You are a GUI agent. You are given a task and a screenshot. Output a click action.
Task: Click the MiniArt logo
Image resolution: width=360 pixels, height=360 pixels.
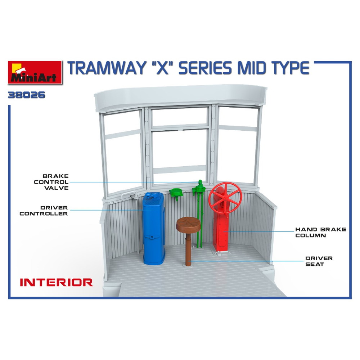pos(35,72)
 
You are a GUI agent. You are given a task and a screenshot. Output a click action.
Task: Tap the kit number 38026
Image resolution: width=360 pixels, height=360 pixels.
pos(27,95)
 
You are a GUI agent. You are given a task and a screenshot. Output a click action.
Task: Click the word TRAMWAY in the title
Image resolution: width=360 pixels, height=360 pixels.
pos(107,68)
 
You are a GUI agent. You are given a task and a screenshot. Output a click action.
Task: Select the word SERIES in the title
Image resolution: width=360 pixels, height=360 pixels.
pos(205,68)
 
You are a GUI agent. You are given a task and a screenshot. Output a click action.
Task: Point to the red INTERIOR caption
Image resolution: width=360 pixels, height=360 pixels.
pos(57,282)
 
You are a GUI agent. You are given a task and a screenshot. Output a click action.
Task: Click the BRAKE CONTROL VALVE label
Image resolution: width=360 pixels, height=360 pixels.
pos(51,182)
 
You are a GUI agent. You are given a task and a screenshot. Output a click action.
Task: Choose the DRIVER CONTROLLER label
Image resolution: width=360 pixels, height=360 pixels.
pos(44,211)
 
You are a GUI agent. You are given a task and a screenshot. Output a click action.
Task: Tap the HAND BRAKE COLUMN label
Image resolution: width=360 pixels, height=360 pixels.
pos(320,232)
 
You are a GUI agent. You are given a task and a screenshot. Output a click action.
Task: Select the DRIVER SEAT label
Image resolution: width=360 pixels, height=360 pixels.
pos(319,261)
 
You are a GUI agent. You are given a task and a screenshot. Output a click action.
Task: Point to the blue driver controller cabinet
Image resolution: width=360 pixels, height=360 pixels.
pos(154,229)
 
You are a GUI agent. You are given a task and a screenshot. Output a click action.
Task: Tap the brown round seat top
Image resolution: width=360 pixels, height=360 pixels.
pos(188,224)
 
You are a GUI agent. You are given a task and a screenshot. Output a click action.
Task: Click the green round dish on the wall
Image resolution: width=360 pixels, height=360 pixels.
pos(176,192)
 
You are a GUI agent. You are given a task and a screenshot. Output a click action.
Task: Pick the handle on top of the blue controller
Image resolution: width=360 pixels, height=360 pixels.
pos(153,195)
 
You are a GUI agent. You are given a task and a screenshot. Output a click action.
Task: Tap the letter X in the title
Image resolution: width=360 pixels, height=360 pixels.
pos(162,68)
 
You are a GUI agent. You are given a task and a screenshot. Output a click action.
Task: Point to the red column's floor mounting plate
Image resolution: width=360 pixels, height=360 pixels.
pos(221,252)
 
